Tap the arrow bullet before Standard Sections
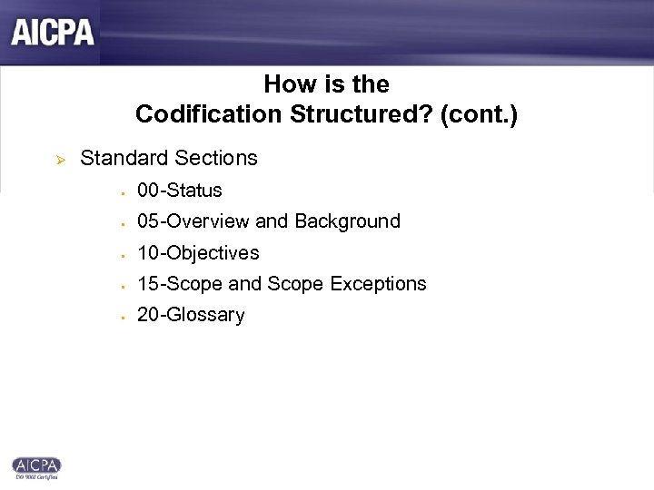click(51, 160)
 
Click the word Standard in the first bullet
click(118, 159)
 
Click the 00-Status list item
click(179, 191)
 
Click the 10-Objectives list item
click(198, 252)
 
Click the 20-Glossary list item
click(191, 315)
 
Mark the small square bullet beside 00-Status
click(120, 191)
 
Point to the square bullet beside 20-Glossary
click(120, 316)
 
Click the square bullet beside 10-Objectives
click(120, 253)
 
